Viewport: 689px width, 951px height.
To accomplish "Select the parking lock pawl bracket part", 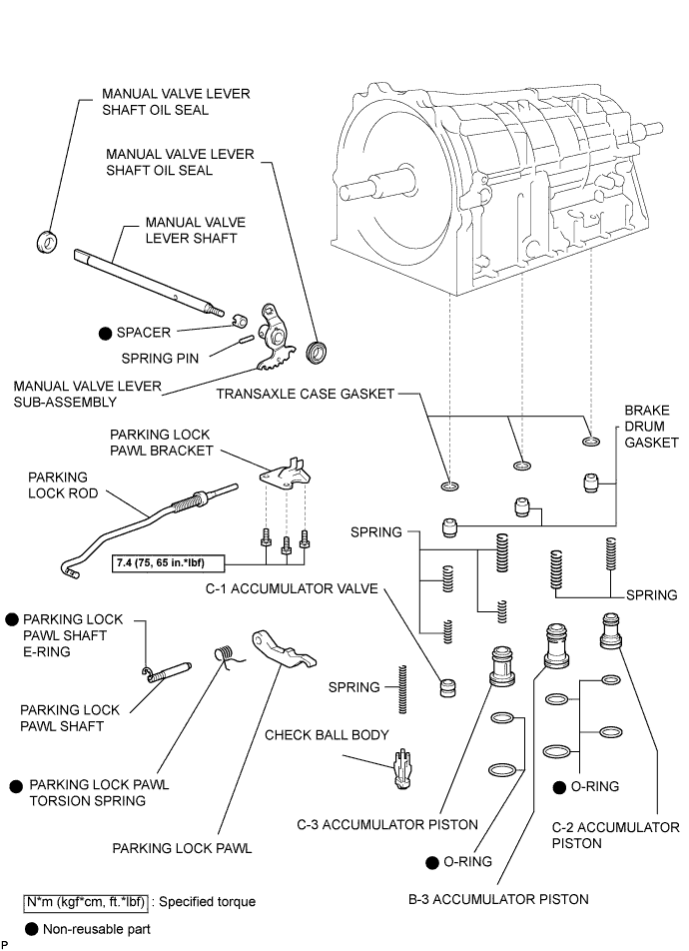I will click(x=285, y=475).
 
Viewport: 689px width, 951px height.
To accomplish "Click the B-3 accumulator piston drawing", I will click(x=555, y=645).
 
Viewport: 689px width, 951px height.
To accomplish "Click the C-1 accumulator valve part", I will click(x=448, y=688).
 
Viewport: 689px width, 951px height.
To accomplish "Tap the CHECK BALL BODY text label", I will click(x=327, y=735).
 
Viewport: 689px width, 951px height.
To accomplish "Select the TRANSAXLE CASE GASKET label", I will click(x=305, y=394).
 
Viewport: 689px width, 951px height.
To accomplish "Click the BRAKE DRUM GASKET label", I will click(x=651, y=427).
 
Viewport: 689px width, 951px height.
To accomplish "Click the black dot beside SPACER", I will click(x=104, y=333).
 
